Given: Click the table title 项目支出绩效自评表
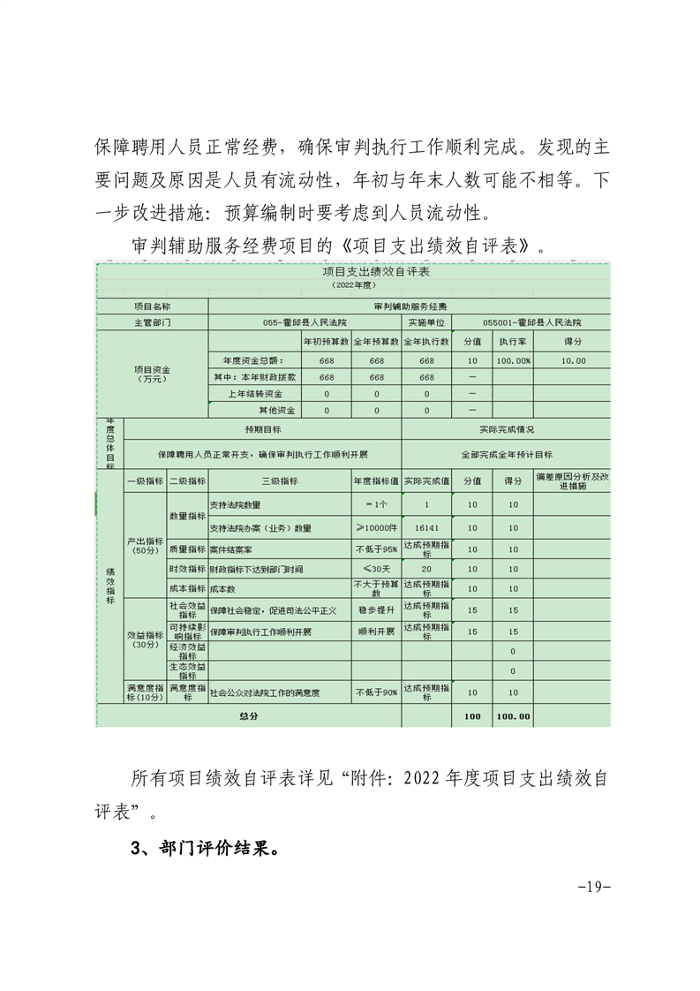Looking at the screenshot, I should click(x=350, y=273).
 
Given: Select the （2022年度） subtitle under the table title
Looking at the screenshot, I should click(x=350, y=286).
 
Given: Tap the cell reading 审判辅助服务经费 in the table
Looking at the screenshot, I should click(x=409, y=306).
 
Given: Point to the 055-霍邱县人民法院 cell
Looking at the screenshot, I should click(x=305, y=322).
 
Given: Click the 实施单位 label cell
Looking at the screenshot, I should click(x=426, y=322).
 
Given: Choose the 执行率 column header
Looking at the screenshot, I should click(x=513, y=340).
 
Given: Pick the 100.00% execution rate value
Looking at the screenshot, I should click(x=513, y=359).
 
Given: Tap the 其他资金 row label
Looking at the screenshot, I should click(x=276, y=411).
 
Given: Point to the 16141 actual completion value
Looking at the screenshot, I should click(x=426, y=528).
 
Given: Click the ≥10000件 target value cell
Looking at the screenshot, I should click(x=376, y=528).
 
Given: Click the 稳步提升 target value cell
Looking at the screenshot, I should click(x=376, y=609).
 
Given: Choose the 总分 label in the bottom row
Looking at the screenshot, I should click(x=248, y=716).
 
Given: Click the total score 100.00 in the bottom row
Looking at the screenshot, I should click(x=513, y=716).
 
